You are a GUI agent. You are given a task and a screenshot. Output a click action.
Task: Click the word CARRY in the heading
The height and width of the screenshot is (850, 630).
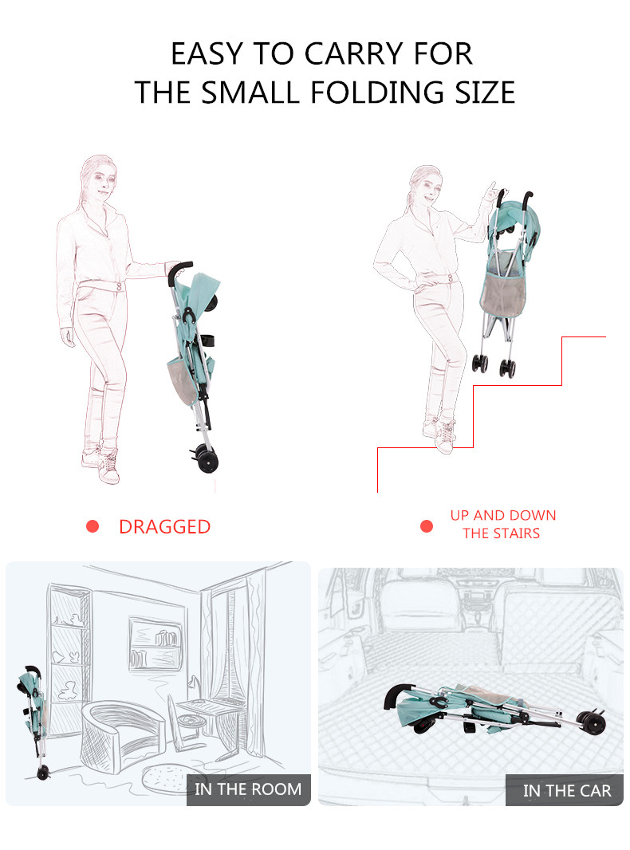pos(354,53)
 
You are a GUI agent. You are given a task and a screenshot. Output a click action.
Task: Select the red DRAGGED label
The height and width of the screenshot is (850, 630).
pos(164,527)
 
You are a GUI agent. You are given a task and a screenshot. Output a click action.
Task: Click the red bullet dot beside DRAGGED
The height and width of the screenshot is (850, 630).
pos(93,525)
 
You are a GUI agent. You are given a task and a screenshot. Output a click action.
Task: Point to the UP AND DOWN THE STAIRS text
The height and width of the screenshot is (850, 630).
pos(502,524)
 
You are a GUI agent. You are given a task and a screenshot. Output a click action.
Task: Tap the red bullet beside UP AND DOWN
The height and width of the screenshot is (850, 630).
pos(427,525)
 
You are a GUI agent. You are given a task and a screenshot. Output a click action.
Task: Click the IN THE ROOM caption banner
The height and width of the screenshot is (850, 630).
pos(248,789)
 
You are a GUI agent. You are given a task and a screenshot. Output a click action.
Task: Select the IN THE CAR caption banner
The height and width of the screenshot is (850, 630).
pos(565,790)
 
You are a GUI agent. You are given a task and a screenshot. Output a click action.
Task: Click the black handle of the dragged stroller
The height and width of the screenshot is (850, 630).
pos(179,270)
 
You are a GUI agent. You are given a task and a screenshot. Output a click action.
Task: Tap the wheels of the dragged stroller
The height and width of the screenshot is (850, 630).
pos(206,458)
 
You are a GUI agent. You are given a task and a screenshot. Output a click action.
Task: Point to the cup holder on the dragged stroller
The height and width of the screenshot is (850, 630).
pos(208,340)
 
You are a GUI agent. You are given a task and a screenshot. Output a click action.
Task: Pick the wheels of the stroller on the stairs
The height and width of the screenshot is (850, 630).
pos(494,365)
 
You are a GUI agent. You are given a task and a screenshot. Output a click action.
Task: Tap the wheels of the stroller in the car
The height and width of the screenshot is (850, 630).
pos(592,721)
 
